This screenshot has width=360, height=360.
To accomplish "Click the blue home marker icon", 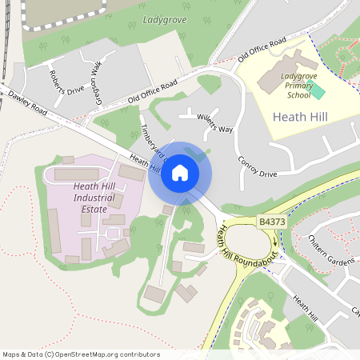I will pos(180,172).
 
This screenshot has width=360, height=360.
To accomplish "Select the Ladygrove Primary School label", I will pos(298,87).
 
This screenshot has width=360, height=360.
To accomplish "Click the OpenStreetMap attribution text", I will pos(81,354).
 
